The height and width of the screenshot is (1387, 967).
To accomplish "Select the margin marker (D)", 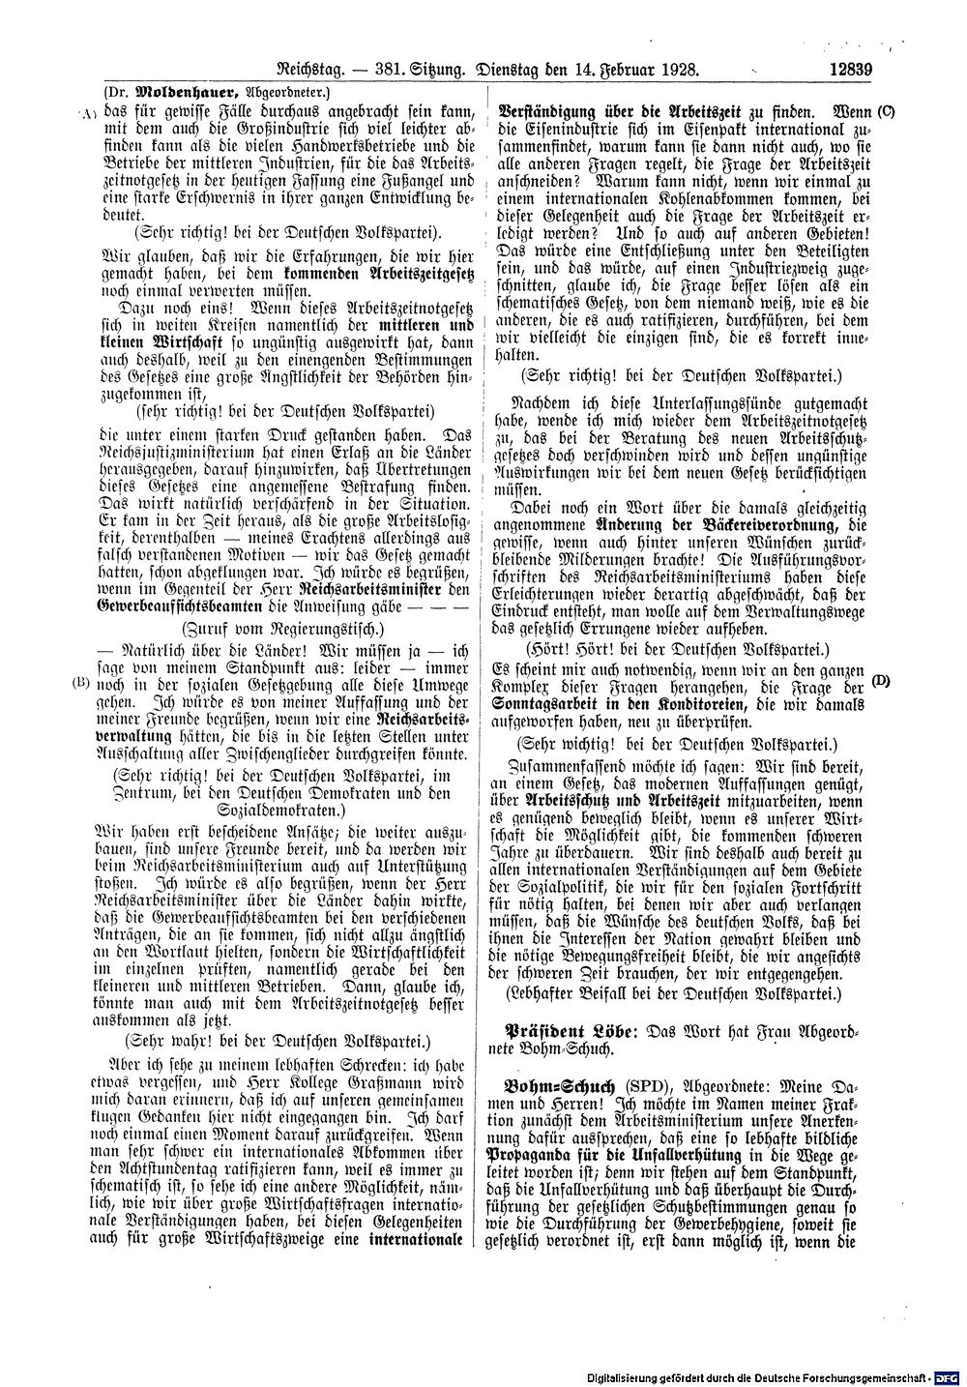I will (881, 681).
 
